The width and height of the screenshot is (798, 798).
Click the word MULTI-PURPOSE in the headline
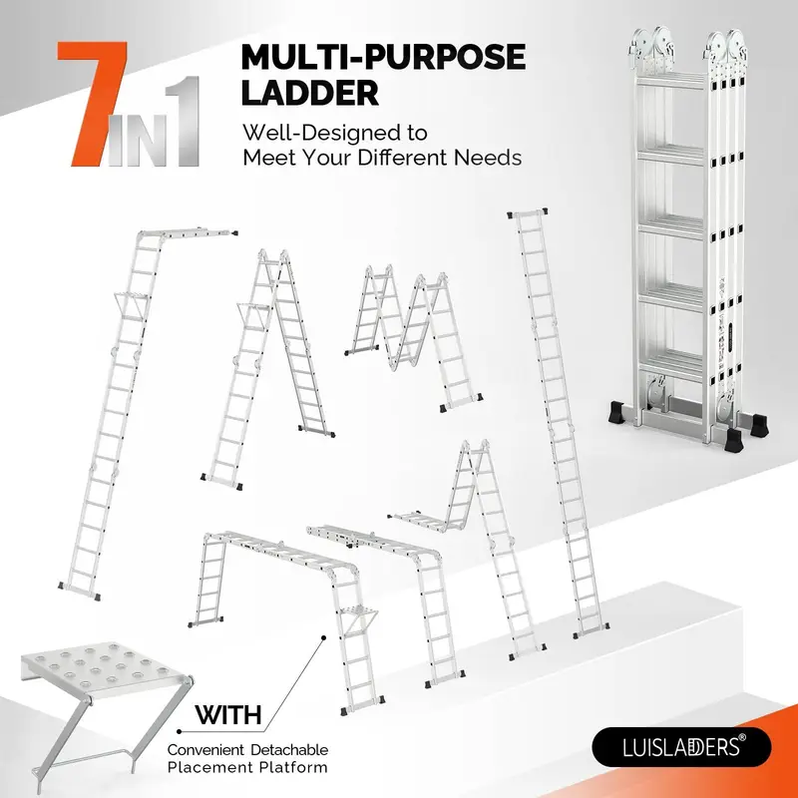(383, 57)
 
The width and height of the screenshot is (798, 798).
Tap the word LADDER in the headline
(310, 94)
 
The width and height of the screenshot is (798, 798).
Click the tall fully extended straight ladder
(557, 419)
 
